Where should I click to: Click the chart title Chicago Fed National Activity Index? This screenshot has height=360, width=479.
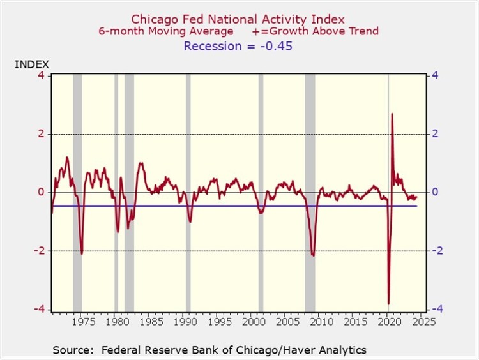(x=238, y=19)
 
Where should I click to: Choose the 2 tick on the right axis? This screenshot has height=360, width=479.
(x=434, y=134)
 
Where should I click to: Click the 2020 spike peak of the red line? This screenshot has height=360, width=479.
(x=392, y=114)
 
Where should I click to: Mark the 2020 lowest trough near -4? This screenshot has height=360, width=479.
(x=388, y=304)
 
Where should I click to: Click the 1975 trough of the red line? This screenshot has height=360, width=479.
(x=82, y=253)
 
